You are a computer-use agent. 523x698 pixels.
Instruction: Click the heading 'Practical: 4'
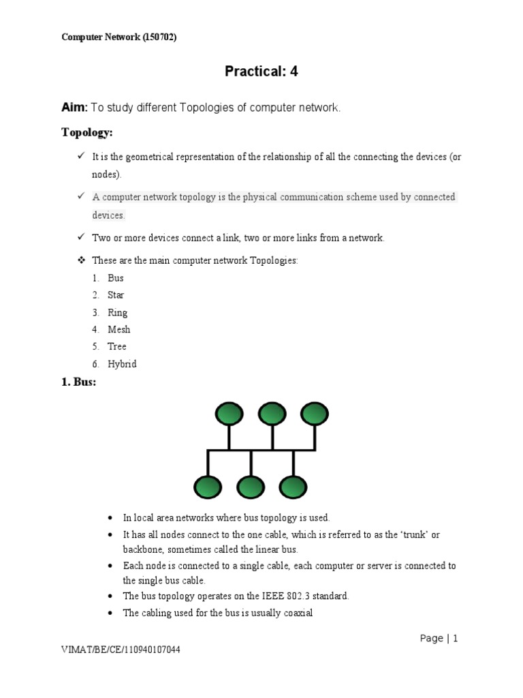coord(261,72)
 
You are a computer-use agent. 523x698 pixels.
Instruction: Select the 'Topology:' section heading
coord(87,132)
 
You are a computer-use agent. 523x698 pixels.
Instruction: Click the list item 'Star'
coord(116,295)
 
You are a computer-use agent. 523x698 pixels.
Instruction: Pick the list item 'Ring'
coord(117,313)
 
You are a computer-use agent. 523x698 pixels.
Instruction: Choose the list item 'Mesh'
coord(118,330)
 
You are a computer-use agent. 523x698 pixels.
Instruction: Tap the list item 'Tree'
coord(117,347)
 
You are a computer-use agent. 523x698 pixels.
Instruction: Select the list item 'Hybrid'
coord(122,364)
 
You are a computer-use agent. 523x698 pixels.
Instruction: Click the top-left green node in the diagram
coord(229,413)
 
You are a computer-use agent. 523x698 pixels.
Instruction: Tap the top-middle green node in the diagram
coord(272,413)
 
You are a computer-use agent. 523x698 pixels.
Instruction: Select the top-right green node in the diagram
coord(315,413)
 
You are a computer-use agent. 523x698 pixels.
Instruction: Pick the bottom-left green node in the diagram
coord(207,487)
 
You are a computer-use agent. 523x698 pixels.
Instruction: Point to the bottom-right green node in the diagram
coord(293,487)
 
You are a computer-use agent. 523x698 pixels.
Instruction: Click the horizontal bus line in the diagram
coord(261,450)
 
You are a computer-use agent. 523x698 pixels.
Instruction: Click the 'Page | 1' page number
coord(439,639)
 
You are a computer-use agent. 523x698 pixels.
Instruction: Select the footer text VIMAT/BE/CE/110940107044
coord(121,650)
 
